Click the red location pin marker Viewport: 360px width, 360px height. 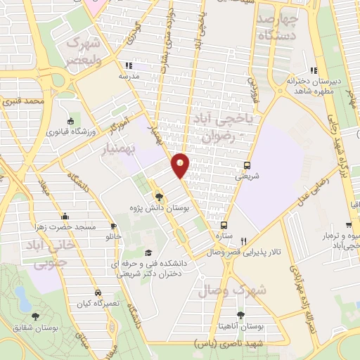[180, 165]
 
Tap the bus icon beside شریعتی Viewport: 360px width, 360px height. [246, 166]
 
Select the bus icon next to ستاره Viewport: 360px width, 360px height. [224, 226]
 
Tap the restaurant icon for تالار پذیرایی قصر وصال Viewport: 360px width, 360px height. [243, 240]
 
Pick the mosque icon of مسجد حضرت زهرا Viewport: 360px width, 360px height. [65, 216]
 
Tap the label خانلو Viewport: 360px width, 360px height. [113, 236]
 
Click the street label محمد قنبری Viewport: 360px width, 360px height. [24, 102]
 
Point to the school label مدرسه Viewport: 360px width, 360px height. [127, 76]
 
